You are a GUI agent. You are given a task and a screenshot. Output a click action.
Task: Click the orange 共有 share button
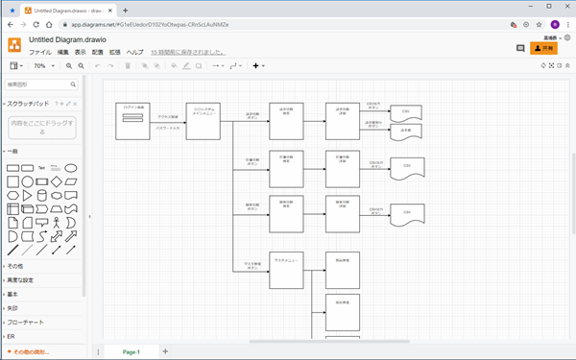[544, 48]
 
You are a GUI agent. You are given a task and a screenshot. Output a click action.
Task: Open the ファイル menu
[40, 52]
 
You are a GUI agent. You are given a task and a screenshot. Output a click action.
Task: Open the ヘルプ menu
[135, 52]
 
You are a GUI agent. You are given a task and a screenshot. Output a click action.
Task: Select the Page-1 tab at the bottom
[131, 352]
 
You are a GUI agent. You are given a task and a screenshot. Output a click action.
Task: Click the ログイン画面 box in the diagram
[134, 121]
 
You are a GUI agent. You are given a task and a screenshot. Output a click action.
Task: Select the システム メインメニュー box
[204, 121]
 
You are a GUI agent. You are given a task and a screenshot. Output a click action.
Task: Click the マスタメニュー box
[286, 271]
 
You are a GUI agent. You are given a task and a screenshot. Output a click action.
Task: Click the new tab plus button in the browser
[125, 9]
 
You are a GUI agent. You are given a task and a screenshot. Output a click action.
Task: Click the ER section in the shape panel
[12, 337]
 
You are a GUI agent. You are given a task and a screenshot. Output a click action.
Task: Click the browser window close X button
[563, 7]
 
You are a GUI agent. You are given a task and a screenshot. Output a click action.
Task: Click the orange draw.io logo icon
[14, 45]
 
